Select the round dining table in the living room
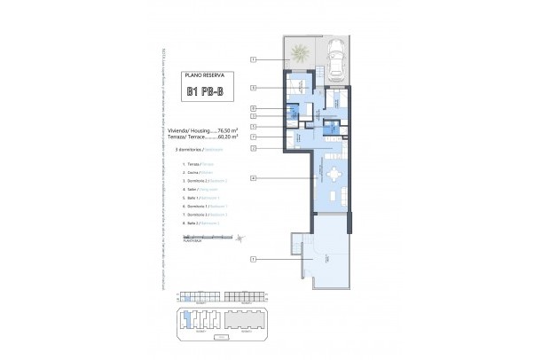tap(332, 174)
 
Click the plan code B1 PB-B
tap(210, 91)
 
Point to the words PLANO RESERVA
tap(210, 76)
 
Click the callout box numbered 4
tap(253, 178)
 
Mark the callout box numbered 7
tap(253, 137)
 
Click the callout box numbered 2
tap(253, 148)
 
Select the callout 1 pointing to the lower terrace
tap(253, 259)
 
